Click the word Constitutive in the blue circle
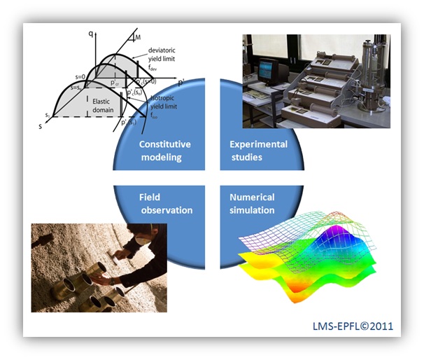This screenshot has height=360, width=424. [x=165, y=144]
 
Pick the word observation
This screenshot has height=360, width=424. [x=165, y=209]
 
